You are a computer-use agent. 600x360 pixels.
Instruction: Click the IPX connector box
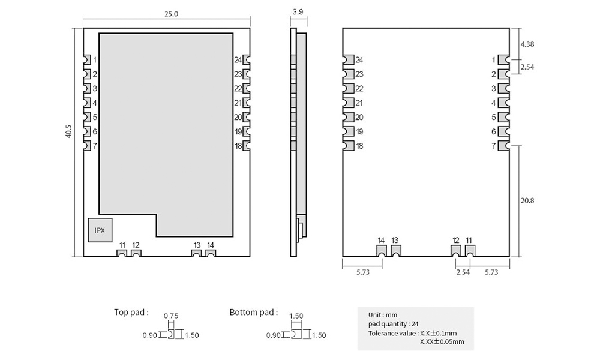pyautogui.click(x=100, y=230)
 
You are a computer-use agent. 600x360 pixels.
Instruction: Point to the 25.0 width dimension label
pyautogui.click(x=171, y=14)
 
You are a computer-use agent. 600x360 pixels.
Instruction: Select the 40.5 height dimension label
pyautogui.click(x=68, y=131)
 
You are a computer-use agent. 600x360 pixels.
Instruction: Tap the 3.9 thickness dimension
pyautogui.click(x=298, y=12)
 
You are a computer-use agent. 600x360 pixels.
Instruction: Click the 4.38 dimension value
pyautogui.click(x=527, y=44)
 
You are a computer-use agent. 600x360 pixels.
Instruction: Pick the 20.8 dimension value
pyautogui.click(x=527, y=200)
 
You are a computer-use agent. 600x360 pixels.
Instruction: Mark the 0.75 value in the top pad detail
pyautogui.click(x=171, y=316)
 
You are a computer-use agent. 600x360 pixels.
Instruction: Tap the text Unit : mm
pyautogui.click(x=383, y=315)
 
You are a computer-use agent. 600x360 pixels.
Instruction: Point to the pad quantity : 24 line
pyautogui.click(x=394, y=324)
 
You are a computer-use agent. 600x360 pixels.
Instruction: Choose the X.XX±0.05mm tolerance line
pyautogui.click(x=442, y=341)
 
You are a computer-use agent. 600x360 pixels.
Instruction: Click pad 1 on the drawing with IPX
pyautogui.click(x=87, y=60)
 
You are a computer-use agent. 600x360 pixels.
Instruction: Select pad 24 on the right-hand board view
pyautogui.click(x=348, y=60)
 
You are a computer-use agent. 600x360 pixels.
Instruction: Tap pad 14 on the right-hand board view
pyautogui.click(x=382, y=251)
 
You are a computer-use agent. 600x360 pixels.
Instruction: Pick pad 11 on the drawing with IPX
pyautogui.click(x=122, y=253)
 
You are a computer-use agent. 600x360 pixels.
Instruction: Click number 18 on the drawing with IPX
pyautogui.click(x=238, y=146)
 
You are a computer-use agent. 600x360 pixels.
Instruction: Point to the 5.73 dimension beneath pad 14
pyautogui.click(x=363, y=272)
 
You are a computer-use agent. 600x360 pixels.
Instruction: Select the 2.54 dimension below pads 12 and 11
pyautogui.click(x=463, y=272)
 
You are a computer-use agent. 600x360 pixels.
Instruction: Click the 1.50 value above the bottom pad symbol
pyautogui.click(x=296, y=316)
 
